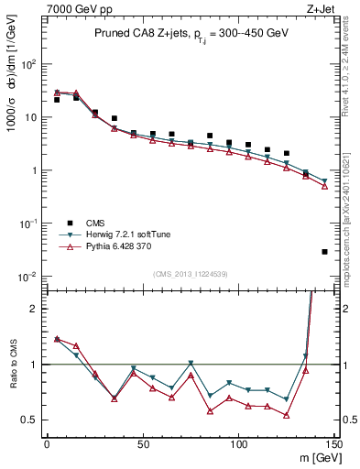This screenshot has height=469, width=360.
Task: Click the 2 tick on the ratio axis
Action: pyautogui.click(x=34, y=309)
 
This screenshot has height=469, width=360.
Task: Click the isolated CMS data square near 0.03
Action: pyautogui.click(x=324, y=251)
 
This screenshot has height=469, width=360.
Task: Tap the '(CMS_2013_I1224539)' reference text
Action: pyautogui.click(x=190, y=273)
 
